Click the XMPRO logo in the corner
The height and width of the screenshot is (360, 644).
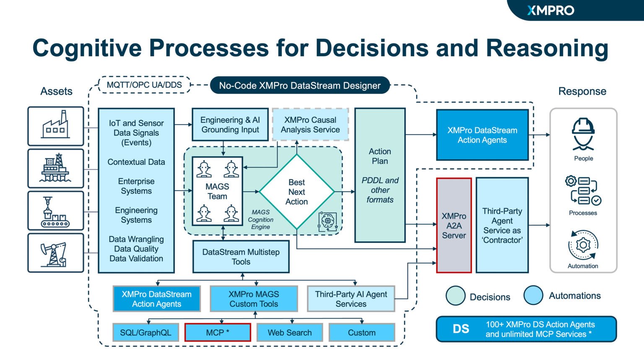551,10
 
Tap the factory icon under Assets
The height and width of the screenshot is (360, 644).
56,126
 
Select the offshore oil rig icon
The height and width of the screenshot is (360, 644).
56,168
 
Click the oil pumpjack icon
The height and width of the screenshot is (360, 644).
56,253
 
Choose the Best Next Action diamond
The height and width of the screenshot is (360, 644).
296,192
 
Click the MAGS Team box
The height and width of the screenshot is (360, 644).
217,191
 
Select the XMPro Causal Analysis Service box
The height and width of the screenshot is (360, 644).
310,125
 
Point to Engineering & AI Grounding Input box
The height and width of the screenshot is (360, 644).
230,125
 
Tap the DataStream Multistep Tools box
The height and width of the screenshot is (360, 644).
241,256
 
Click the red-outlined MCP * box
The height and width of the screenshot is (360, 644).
218,332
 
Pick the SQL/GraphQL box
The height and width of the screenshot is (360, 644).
145,332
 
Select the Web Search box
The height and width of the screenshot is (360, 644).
290,332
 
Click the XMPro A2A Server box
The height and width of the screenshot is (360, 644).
454,225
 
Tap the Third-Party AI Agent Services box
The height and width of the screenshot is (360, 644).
351,299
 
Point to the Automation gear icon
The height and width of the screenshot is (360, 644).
583,245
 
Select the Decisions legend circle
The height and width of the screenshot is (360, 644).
456,295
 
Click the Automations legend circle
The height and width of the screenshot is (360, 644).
533,295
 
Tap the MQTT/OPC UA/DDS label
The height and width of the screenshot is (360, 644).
144,85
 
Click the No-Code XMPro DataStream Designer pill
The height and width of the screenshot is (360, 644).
300,85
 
